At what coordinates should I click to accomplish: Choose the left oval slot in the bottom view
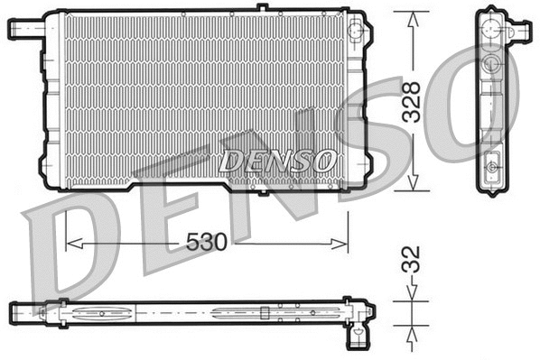(99, 314)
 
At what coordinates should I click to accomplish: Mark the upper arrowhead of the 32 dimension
(414, 295)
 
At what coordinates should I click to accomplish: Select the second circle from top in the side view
(489, 63)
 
